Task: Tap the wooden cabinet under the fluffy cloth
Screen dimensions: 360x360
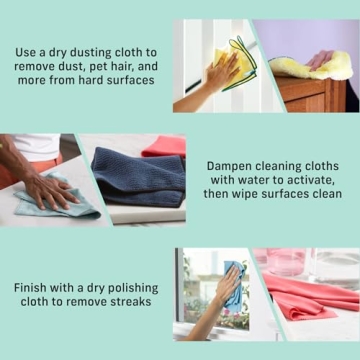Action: click(x=310, y=94)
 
